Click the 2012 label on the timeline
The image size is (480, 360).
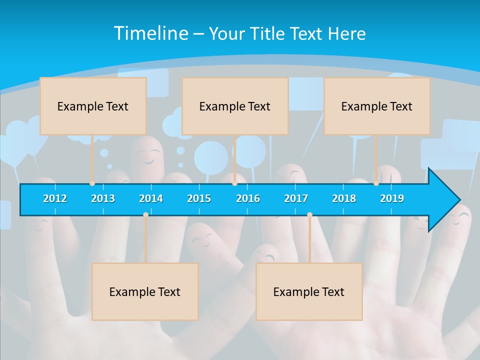pyautogui.click(x=55, y=198)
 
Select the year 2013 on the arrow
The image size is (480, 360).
pyautogui.click(x=103, y=198)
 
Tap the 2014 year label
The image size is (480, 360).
pyautogui.click(x=151, y=198)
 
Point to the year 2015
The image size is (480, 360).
pyautogui.click(x=199, y=198)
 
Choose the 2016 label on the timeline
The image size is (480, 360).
pyautogui.click(x=248, y=198)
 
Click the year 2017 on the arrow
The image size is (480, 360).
pyautogui.click(x=296, y=198)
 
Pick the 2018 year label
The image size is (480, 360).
pyautogui.click(x=344, y=198)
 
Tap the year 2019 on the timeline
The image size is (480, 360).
pyautogui.click(x=392, y=198)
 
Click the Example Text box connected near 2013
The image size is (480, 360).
pyautogui.click(x=93, y=106)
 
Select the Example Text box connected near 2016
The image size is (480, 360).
pyautogui.click(x=235, y=106)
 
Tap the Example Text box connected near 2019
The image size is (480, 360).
pyautogui.click(x=377, y=106)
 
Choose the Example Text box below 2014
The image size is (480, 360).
pyautogui.click(x=145, y=291)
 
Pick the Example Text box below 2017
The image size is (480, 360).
pyautogui.click(x=309, y=291)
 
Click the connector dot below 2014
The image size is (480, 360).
pyautogui.click(x=145, y=214)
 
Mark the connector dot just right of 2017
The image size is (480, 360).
pyautogui.click(x=309, y=214)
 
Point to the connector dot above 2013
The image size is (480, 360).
pyautogui.click(x=92, y=183)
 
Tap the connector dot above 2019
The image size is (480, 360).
pyautogui.click(x=376, y=183)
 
